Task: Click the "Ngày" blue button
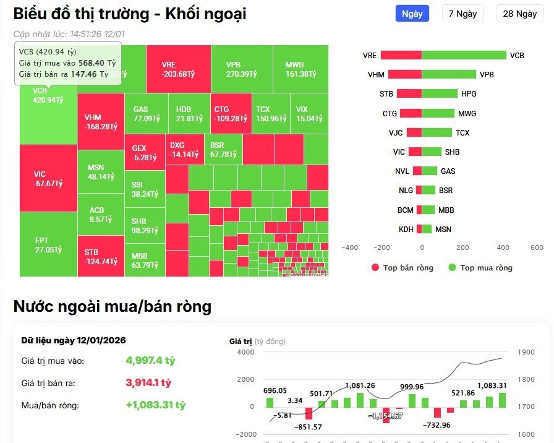(412, 14)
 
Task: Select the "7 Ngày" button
(462, 14)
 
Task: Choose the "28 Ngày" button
(519, 14)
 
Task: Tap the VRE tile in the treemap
(178, 69)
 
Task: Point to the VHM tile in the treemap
(101, 121)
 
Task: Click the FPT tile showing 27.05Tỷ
(48, 244)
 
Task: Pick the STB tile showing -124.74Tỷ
(101, 256)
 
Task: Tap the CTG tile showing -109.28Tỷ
(231, 113)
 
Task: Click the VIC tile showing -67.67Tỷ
(48, 178)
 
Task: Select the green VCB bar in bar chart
(464, 55)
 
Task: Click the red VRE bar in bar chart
(401, 55)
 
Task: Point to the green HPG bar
(440, 94)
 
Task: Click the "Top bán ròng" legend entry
(402, 268)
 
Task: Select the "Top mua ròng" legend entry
(480, 268)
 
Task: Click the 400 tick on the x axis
(503, 247)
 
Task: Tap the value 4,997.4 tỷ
(150, 361)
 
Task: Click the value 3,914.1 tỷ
(148, 383)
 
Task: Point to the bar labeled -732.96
(437, 412)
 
